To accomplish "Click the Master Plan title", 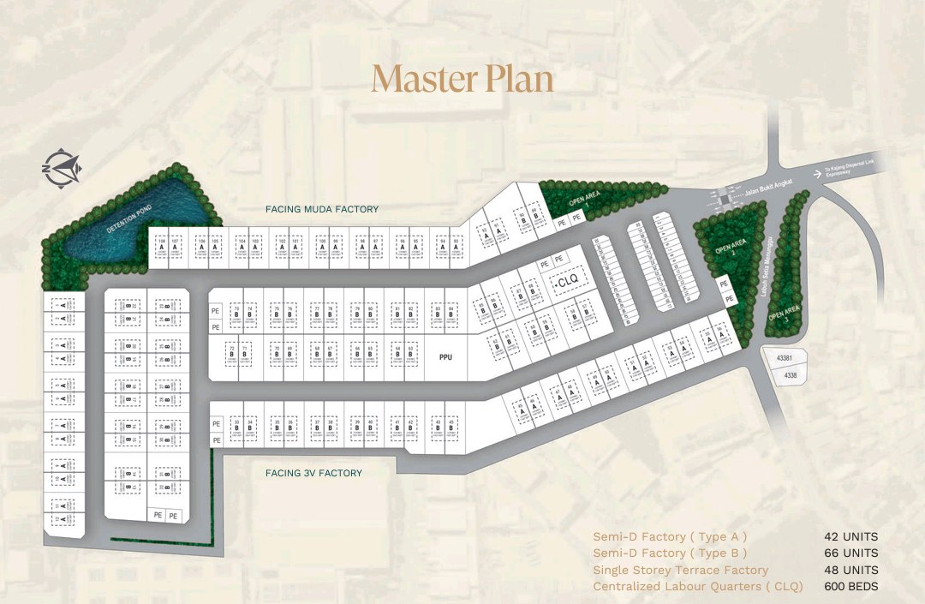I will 462,79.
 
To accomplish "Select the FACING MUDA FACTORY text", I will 321,209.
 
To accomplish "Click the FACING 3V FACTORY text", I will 313,473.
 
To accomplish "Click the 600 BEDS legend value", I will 850,587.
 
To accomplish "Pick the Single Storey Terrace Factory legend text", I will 681,571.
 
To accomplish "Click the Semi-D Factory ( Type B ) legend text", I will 670,553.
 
